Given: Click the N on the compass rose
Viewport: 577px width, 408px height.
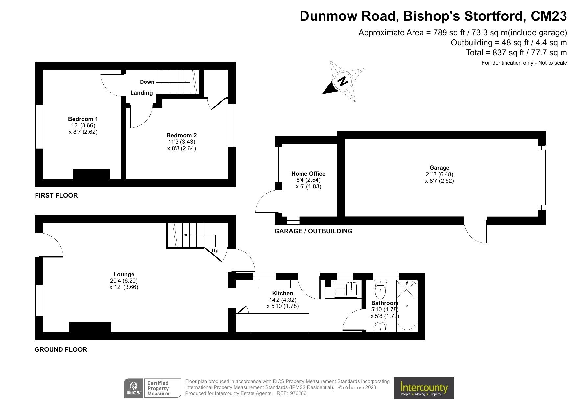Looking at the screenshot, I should pyautogui.click(x=343, y=81).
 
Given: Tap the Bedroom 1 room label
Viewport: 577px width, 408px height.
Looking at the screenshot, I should pyautogui.click(x=83, y=119).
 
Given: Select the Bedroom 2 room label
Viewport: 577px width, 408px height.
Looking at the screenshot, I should pyautogui.click(x=181, y=135).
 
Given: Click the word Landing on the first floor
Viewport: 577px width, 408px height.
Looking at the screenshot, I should pyautogui.click(x=141, y=93).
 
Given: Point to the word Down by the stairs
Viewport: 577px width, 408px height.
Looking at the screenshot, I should pyautogui.click(x=147, y=82).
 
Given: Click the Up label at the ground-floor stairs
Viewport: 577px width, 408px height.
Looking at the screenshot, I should pyautogui.click(x=215, y=251).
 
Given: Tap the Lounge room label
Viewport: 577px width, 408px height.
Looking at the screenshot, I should pyautogui.click(x=124, y=274).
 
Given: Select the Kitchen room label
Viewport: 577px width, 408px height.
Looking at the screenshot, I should pyautogui.click(x=282, y=293).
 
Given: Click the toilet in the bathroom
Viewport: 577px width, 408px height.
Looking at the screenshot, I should pyautogui.click(x=380, y=289).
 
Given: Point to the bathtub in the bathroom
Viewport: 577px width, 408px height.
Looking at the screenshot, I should pyautogui.click(x=407, y=306).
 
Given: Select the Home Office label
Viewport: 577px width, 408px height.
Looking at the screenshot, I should pyautogui.click(x=308, y=174).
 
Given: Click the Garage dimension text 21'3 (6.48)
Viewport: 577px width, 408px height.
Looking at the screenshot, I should pyautogui.click(x=439, y=174).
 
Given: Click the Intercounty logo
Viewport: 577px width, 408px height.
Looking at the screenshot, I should pyautogui.click(x=424, y=388).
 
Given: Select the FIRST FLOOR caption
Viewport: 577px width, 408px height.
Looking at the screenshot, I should pyautogui.click(x=56, y=195).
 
